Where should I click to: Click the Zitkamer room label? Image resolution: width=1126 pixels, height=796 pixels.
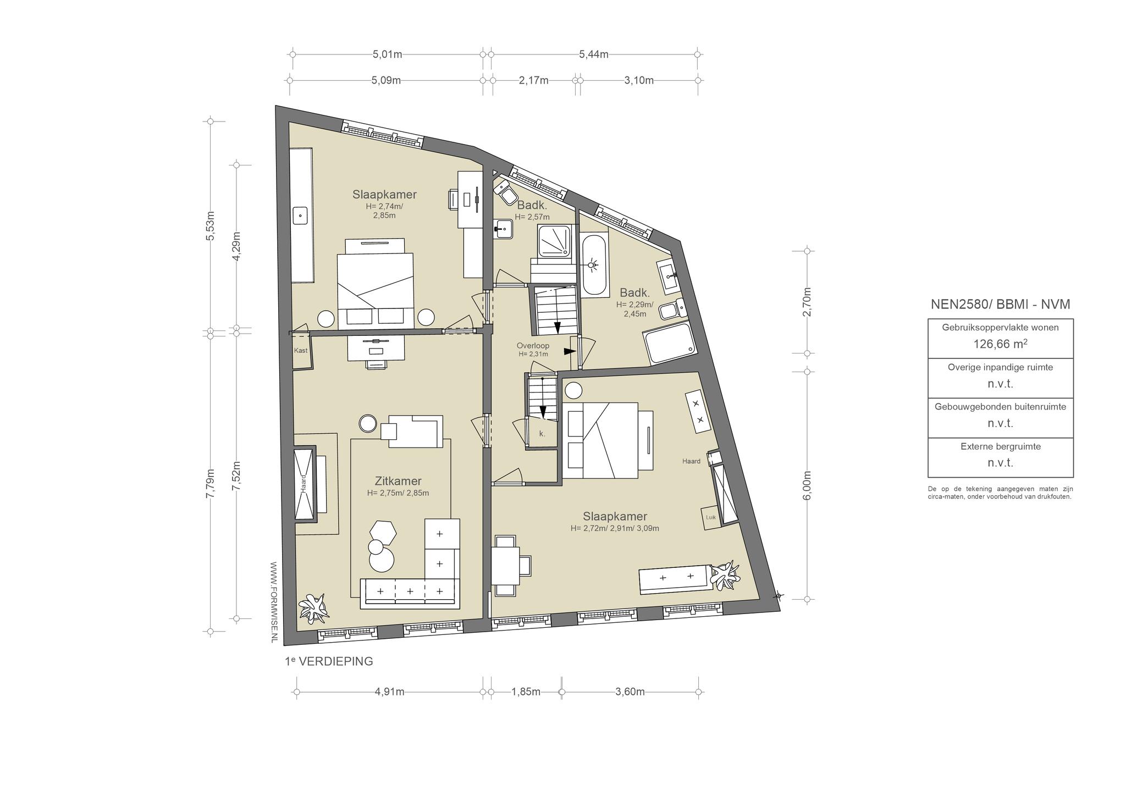(x=398, y=482)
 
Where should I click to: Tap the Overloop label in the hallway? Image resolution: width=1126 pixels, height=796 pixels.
(x=533, y=346)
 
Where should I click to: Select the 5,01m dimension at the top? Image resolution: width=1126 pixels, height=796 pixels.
(x=388, y=54)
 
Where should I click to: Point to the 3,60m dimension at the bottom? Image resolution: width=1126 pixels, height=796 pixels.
(x=630, y=692)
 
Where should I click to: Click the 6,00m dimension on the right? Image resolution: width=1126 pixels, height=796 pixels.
(x=807, y=485)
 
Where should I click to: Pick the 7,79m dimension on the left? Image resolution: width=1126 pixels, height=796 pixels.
(x=210, y=484)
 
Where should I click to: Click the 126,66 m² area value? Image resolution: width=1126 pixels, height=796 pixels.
(x=1001, y=344)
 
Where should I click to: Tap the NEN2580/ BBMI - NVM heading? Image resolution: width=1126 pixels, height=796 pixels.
(x=1001, y=305)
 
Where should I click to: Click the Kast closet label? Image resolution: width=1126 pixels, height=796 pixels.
(x=301, y=350)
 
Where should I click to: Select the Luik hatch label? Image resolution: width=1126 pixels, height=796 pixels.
(x=711, y=517)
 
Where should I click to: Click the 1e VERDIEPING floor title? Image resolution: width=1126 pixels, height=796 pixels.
(x=329, y=661)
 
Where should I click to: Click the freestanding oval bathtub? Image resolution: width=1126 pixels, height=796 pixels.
(x=594, y=266)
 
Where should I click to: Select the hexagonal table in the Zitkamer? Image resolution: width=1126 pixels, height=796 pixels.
(x=383, y=532)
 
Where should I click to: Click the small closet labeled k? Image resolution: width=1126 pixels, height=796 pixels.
(x=542, y=433)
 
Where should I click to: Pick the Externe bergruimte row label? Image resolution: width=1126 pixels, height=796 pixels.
(x=1001, y=446)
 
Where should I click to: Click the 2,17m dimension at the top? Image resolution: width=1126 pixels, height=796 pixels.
(x=533, y=80)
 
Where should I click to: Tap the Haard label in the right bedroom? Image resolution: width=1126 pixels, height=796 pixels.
(x=691, y=461)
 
